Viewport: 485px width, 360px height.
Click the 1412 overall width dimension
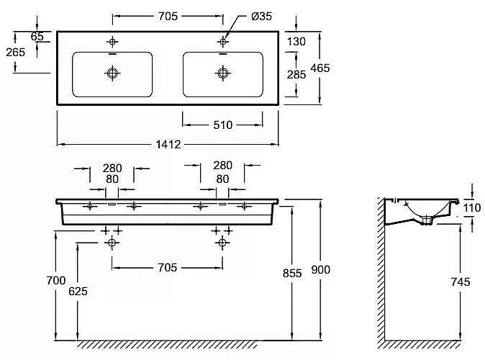click(x=167, y=143)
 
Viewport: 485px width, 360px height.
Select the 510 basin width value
click(x=223, y=125)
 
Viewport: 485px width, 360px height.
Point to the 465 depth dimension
click(x=319, y=67)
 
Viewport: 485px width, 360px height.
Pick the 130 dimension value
click(x=296, y=42)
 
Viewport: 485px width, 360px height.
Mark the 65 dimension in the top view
click(x=37, y=36)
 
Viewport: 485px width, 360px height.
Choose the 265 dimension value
click(x=15, y=52)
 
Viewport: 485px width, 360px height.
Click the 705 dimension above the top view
click(x=167, y=15)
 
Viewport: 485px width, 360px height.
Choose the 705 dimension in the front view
click(x=167, y=268)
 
